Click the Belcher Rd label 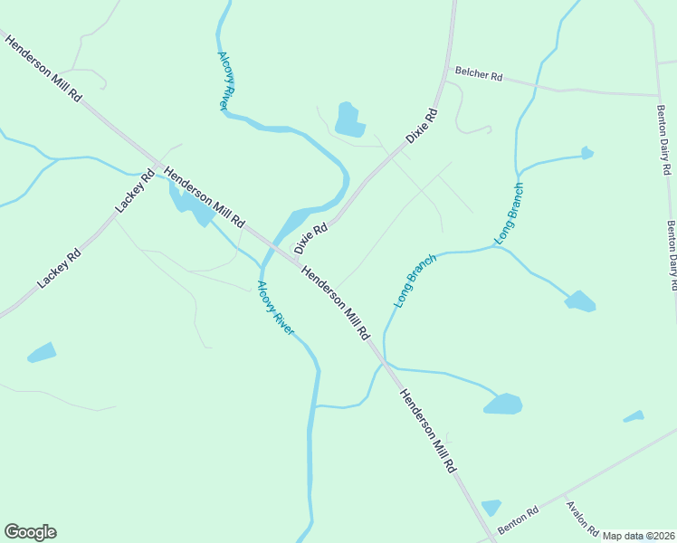(479, 75)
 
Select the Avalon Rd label (582, 517)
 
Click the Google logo (30, 532)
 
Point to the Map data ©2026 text (638, 536)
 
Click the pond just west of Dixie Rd (348, 119)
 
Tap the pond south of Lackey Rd (42, 352)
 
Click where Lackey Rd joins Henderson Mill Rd (158, 165)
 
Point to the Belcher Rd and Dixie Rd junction (445, 70)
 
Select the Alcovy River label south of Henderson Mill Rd (275, 309)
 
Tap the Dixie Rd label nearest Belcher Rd (422, 126)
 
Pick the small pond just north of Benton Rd (491, 507)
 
